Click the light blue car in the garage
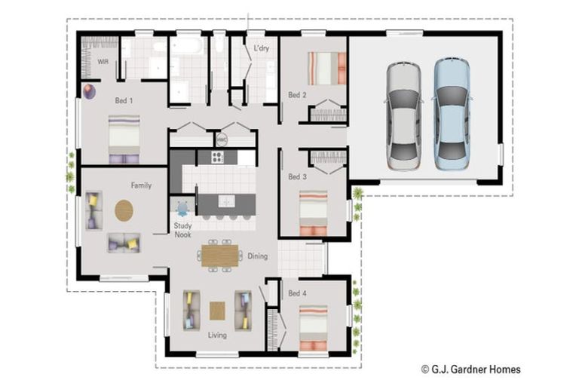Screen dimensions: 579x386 click(x=452, y=114)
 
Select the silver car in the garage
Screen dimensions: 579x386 click(x=404, y=116)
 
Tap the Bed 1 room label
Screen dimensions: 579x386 click(x=124, y=100)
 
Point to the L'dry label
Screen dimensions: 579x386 click(x=262, y=48)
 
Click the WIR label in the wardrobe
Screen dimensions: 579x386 click(x=103, y=62)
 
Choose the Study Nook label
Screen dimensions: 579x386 click(x=182, y=230)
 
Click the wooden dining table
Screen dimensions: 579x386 click(x=219, y=256)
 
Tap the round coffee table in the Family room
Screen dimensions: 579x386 click(x=124, y=210)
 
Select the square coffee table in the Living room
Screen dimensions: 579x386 click(x=217, y=311)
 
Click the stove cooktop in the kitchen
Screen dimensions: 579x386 click(x=217, y=158)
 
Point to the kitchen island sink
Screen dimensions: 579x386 click(x=226, y=201)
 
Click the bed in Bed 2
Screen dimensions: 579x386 click(x=327, y=69)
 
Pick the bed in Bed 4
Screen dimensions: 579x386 click(x=313, y=328)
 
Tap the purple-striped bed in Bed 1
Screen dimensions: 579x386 click(x=124, y=139)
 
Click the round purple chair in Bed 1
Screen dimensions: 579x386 click(x=89, y=92)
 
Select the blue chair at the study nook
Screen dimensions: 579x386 click(x=182, y=209)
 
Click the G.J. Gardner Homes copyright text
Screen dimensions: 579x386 click(x=471, y=369)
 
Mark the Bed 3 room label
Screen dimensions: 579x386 click(x=297, y=177)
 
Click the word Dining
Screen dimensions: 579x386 click(x=257, y=256)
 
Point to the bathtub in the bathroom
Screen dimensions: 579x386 click(x=186, y=46)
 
